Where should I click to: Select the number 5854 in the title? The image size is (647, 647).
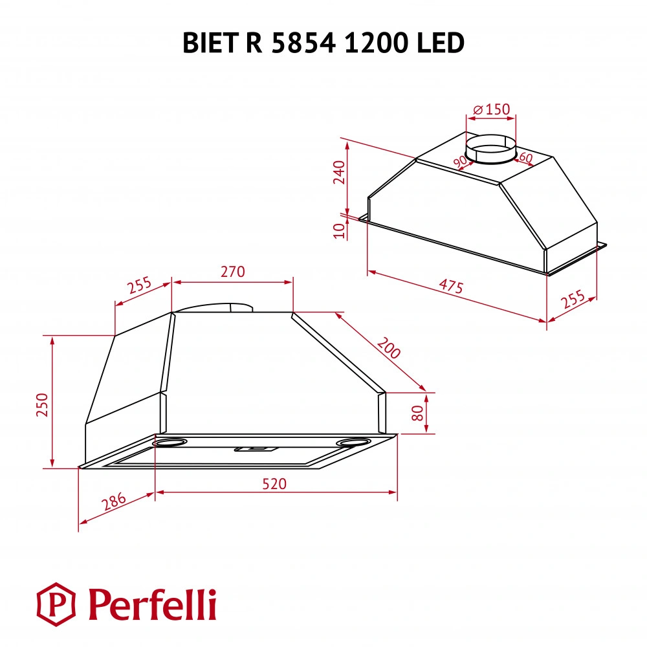click(303, 43)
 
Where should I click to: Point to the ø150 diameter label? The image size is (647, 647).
click(492, 110)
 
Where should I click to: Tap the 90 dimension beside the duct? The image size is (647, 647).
click(461, 162)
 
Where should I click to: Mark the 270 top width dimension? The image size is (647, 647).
click(232, 272)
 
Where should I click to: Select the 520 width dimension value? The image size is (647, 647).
click(274, 484)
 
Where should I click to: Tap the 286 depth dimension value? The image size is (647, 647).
click(114, 503)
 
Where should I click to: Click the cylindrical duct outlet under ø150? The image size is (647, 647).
click(492, 150)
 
